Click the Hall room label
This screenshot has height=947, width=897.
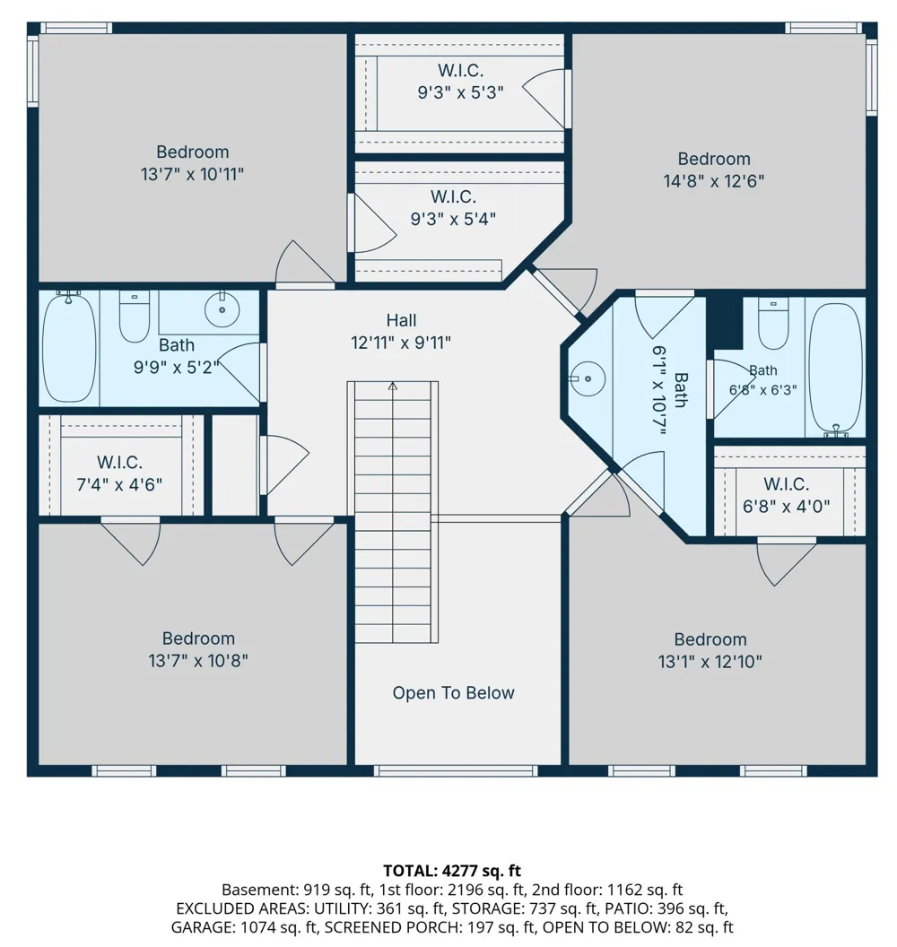pyautogui.click(x=401, y=320)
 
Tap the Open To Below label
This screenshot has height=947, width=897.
pyautogui.click(x=453, y=692)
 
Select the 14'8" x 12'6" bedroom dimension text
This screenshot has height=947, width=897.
pyautogui.click(x=713, y=181)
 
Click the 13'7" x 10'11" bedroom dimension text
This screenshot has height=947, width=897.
pyautogui.click(x=192, y=175)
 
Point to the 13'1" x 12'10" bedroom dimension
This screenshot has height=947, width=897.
pyautogui.click(x=710, y=662)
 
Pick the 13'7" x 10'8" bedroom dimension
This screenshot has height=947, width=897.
pyautogui.click(x=198, y=661)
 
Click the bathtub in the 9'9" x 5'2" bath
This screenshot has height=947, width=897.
pyautogui.click(x=69, y=347)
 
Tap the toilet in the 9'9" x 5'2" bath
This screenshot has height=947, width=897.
pyautogui.click(x=134, y=316)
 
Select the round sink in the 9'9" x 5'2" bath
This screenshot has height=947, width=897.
pyautogui.click(x=222, y=308)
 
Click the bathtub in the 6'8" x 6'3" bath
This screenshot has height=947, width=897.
pyautogui.click(x=835, y=369)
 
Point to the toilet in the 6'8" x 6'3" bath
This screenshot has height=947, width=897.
pyautogui.click(x=773, y=323)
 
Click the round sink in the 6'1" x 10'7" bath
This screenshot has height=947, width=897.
pyautogui.click(x=588, y=378)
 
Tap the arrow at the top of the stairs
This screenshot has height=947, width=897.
pyautogui.click(x=393, y=386)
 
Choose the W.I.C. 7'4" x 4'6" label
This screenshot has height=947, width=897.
pyautogui.click(x=119, y=473)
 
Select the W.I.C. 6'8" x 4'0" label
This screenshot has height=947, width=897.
pyautogui.click(x=786, y=495)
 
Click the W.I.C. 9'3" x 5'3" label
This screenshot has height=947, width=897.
pyautogui.click(x=460, y=82)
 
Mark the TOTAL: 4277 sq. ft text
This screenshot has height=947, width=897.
pyautogui.click(x=452, y=870)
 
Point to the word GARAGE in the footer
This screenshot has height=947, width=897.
pyautogui.click(x=203, y=927)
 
